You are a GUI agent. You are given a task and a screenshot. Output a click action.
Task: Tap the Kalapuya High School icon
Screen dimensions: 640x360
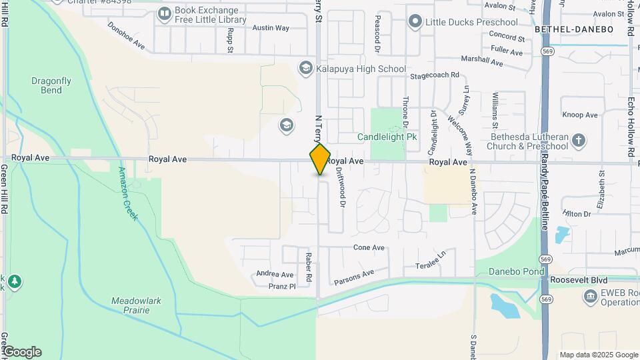pyautogui.click(x=305, y=68)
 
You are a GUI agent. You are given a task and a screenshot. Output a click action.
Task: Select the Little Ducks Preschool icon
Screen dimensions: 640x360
pyautogui.click(x=415, y=22)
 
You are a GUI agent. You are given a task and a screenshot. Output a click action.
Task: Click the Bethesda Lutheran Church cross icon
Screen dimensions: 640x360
pyautogui.click(x=579, y=141)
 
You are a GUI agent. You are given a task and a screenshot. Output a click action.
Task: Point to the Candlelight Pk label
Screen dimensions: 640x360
pyautogui.click(x=387, y=137)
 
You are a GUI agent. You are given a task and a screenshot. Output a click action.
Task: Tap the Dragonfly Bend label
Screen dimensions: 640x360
pyautogui.click(x=51, y=85)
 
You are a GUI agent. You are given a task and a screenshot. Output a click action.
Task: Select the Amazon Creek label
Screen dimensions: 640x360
pyautogui.click(x=128, y=193)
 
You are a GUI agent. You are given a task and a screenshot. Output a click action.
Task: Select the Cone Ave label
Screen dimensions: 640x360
pyautogui.click(x=369, y=247)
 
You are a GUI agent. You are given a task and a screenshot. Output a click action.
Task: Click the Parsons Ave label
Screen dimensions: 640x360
pyautogui.click(x=354, y=274)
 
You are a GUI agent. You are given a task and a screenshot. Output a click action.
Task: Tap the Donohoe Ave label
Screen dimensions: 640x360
pyautogui.click(x=127, y=35)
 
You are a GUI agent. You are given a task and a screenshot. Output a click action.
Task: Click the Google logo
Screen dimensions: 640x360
pyautogui.click(x=21, y=352)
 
